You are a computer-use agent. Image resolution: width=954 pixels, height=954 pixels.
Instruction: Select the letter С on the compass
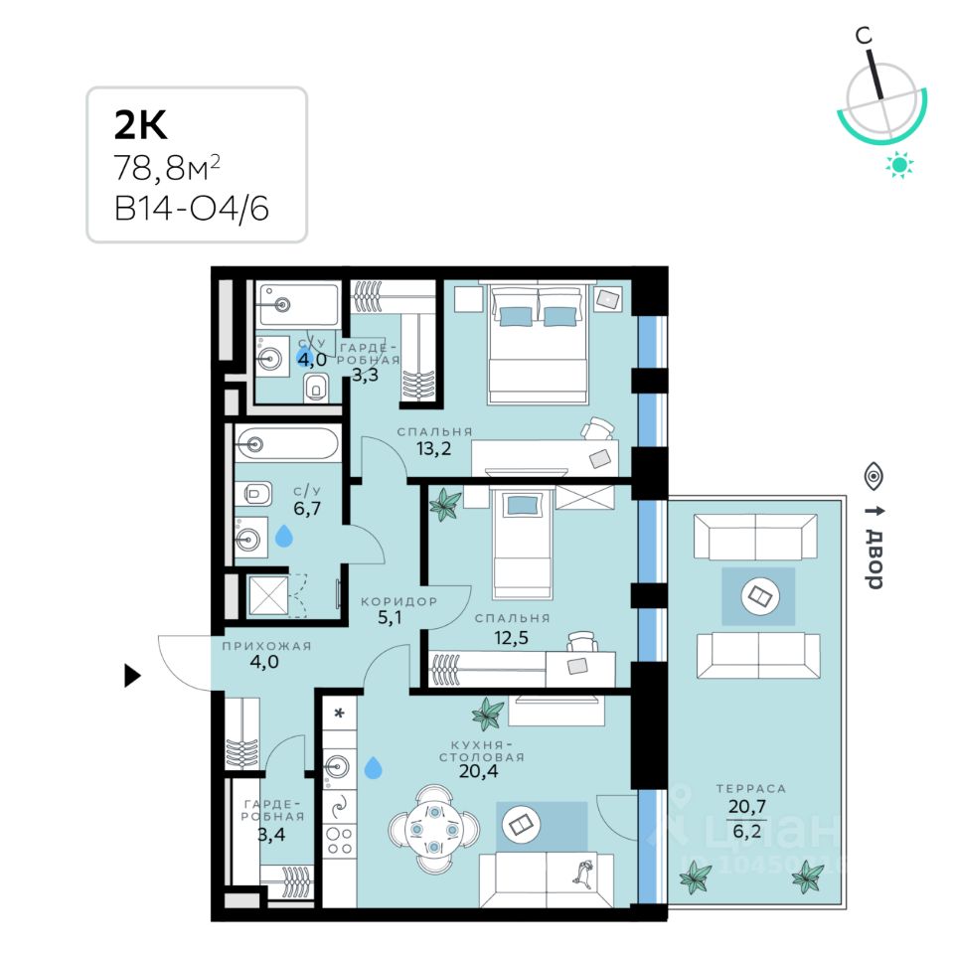(x=867, y=37)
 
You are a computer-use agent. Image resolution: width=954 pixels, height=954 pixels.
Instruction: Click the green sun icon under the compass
(x=900, y=164)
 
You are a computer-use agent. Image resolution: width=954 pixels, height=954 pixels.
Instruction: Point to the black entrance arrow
(x=131, y=678)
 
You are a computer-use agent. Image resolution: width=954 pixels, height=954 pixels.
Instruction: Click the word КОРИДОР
(x=398, y=602)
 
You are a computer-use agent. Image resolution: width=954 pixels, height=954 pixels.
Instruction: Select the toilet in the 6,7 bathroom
(x=256, y=491)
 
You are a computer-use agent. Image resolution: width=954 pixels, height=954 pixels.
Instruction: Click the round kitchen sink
(x=338, y=765)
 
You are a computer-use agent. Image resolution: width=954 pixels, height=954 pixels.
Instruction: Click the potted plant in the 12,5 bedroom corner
(x=443, y=506)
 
